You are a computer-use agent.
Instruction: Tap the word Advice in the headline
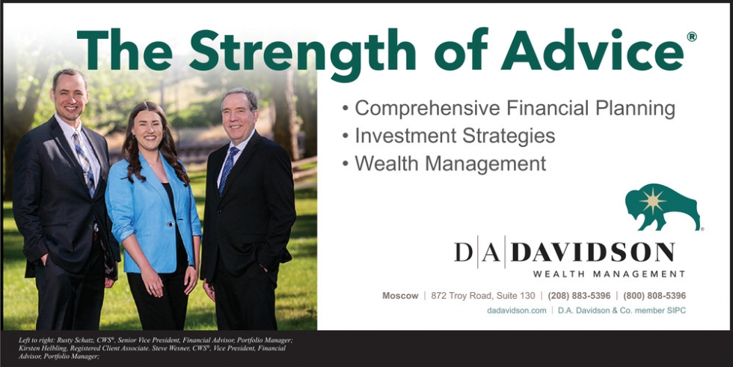click(592, 49)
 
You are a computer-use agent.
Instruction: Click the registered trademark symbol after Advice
click(692, 37)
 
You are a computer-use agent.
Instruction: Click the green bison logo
click(663, 207)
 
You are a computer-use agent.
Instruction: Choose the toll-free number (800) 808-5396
click(654, 296)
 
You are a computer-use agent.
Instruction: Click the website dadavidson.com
click(517, 310)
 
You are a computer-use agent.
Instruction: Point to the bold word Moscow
click(400, 296)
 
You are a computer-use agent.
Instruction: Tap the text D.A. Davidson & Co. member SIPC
click(622, 310)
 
